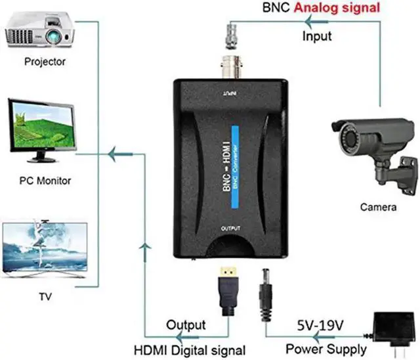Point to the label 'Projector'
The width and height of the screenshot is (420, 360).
(x=45, y=62)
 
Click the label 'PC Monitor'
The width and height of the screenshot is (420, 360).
(x=45, y=181)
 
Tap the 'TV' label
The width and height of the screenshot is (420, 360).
(x=45, y=297)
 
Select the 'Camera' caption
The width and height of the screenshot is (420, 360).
(x=378, y=208)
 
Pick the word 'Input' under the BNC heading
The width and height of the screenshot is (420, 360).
(x=317, y=36)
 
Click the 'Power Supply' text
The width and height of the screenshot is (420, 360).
(x=326, y=348)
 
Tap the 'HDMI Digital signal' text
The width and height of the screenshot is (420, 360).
(x=190, y=349)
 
